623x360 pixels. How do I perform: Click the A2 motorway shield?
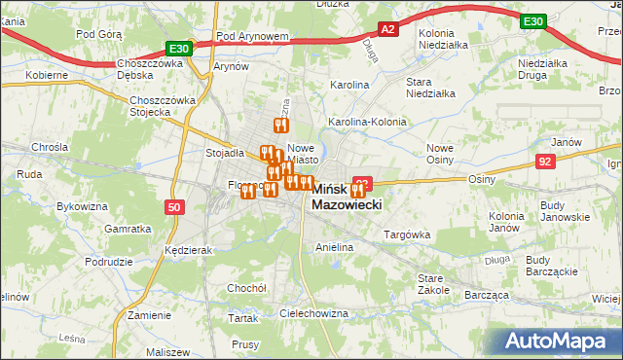coord(387,30)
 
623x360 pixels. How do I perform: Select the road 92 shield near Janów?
coord(545,162)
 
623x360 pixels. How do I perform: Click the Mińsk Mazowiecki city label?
coord(347,198)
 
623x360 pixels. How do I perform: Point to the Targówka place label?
coord(407,234)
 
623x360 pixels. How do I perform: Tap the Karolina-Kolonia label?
coord(367,122)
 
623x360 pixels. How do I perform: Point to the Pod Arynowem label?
coord(253,36)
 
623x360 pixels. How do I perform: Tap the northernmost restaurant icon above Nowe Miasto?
coord(280,126)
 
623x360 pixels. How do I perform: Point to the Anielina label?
coord(333,248)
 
